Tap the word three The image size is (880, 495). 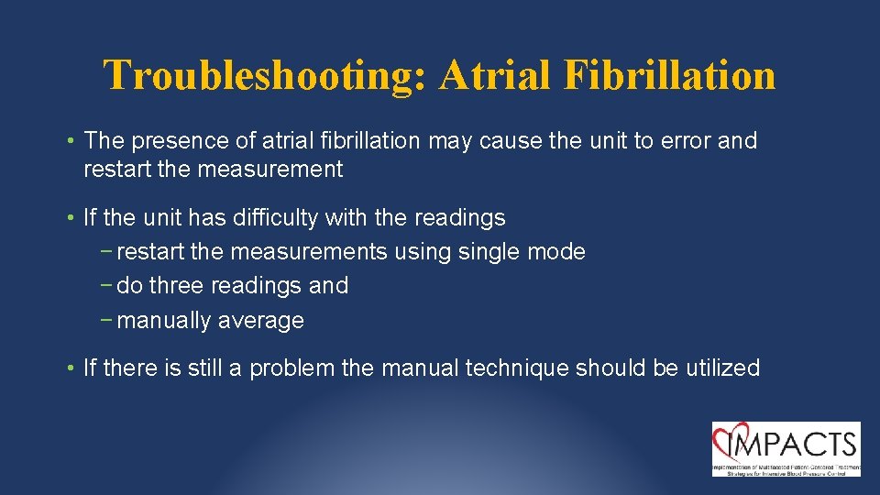tap(177, 286)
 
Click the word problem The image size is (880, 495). tap(292, 368)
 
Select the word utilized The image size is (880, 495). tap(722, 368)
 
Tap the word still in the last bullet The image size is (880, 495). tap(207, 368)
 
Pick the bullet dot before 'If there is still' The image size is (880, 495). tap(71, 369)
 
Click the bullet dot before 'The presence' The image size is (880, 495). tap(71, 142)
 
